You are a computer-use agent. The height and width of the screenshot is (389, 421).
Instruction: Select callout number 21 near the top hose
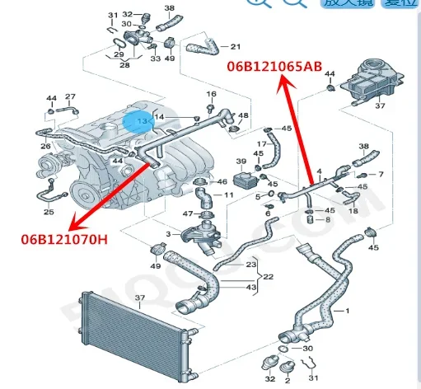[236, 46]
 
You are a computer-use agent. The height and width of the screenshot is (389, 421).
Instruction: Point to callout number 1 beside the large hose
[348, 311]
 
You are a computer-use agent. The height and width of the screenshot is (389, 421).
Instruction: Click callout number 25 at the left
[49, 213]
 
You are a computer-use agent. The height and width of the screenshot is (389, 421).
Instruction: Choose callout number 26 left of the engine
[45, 148]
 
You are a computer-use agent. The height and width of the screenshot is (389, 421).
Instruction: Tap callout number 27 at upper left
[70, 97]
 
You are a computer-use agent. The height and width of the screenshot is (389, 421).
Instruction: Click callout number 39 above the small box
[241, 161]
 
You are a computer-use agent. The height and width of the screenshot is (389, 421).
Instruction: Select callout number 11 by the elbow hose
[230, 196]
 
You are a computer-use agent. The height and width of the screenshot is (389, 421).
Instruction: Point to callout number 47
[186, 213]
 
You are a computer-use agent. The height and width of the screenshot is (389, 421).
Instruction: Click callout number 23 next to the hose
[251, 264]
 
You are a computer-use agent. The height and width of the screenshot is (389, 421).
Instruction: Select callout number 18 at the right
[353, 211]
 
